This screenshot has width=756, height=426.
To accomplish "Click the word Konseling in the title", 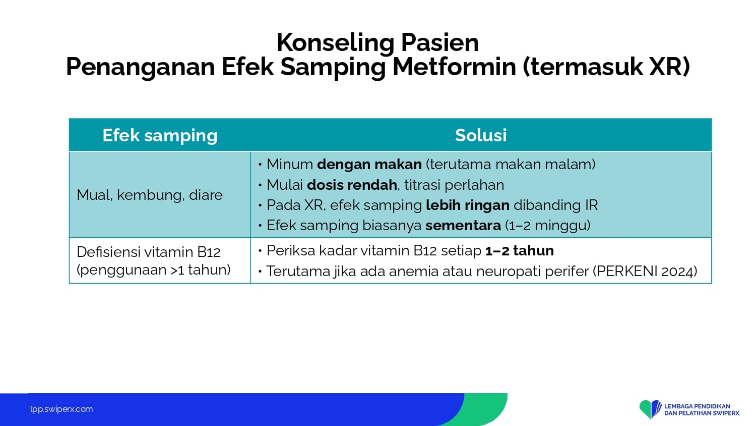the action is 336,43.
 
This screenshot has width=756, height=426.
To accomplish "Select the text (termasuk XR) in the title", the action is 606,67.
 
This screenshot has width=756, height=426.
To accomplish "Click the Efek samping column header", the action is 160,136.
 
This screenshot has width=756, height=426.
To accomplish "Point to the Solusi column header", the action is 481,135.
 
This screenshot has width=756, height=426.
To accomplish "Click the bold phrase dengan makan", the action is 369,165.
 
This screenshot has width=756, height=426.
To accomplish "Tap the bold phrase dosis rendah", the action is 352,185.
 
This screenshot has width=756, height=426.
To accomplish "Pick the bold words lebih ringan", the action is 468,205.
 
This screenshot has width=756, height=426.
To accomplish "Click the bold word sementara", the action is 463,226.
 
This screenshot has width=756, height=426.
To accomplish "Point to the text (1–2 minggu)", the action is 548,226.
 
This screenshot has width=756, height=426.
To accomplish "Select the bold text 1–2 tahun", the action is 520,251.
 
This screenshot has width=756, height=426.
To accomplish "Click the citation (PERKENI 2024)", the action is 645,272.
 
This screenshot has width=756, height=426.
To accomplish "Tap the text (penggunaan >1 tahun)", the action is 154,270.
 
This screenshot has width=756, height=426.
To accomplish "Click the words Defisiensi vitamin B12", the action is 149,252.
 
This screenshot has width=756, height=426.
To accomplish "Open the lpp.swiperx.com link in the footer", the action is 61,409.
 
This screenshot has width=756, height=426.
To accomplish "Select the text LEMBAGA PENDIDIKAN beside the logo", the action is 697,406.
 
